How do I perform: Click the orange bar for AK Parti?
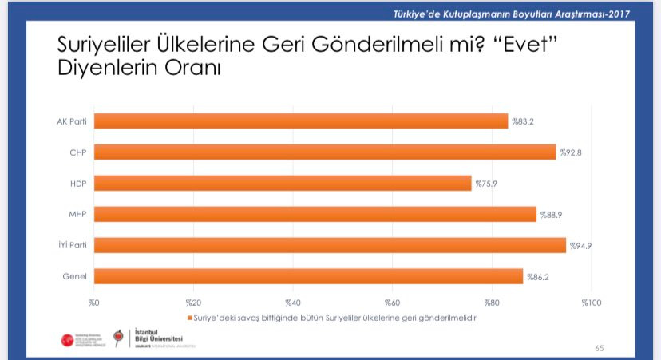coord(301,121)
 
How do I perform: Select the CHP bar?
coord(325,152)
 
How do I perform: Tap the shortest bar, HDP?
coord(283,184)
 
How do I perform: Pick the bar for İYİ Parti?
coord(330,245)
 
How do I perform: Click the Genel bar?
coord(308,276)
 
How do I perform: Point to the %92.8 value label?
coord(569,152)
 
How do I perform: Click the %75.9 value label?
coord(485,184)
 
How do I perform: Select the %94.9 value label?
coord(579,245)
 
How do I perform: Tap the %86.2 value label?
coord(536,276)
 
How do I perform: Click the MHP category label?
coord(78,214)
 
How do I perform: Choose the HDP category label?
coord(79,184)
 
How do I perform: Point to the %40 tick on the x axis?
coord(292,303)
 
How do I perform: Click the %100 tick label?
coord(591,303)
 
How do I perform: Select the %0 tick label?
coord(93,303)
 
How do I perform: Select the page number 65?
coord(600,348)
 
